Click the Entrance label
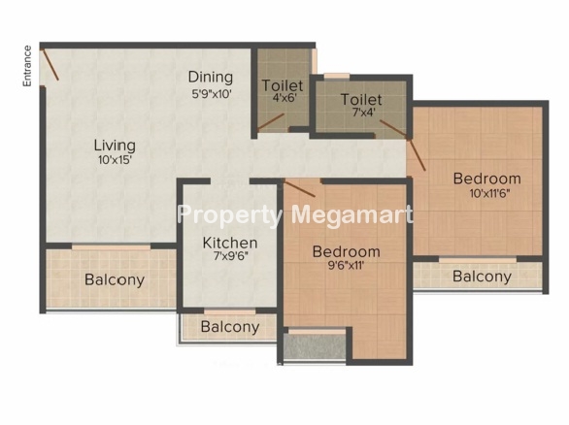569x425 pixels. click(x=27, y=66)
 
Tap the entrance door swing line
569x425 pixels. click(x=50, y=64)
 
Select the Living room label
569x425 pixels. click(x=115, y=146)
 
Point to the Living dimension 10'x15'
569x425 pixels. click(x=115, y=160)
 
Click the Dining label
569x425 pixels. click(x=211, y=78)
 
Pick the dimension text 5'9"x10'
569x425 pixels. click(x=212, y=94)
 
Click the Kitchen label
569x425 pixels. click(x=230, y=243)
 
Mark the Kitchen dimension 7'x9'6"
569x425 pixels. click(x=231, y=256)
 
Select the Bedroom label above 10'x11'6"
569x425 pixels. click(x=487, y=179)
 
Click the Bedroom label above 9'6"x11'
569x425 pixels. click(x=347, y=251)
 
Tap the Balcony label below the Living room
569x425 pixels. click(x=115, y=280)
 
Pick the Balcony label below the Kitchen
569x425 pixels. click(x=230, y=327)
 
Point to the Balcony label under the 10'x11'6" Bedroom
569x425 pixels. click(x=483, y=277)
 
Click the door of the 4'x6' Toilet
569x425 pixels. click(x=271, y=122)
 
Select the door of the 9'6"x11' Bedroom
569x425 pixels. click(x=300, y=188)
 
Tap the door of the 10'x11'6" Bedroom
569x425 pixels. click(x=417, y=155)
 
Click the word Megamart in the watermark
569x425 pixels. click(x=352, y=215)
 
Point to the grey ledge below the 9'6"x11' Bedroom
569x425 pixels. click(x=315, y=347)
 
